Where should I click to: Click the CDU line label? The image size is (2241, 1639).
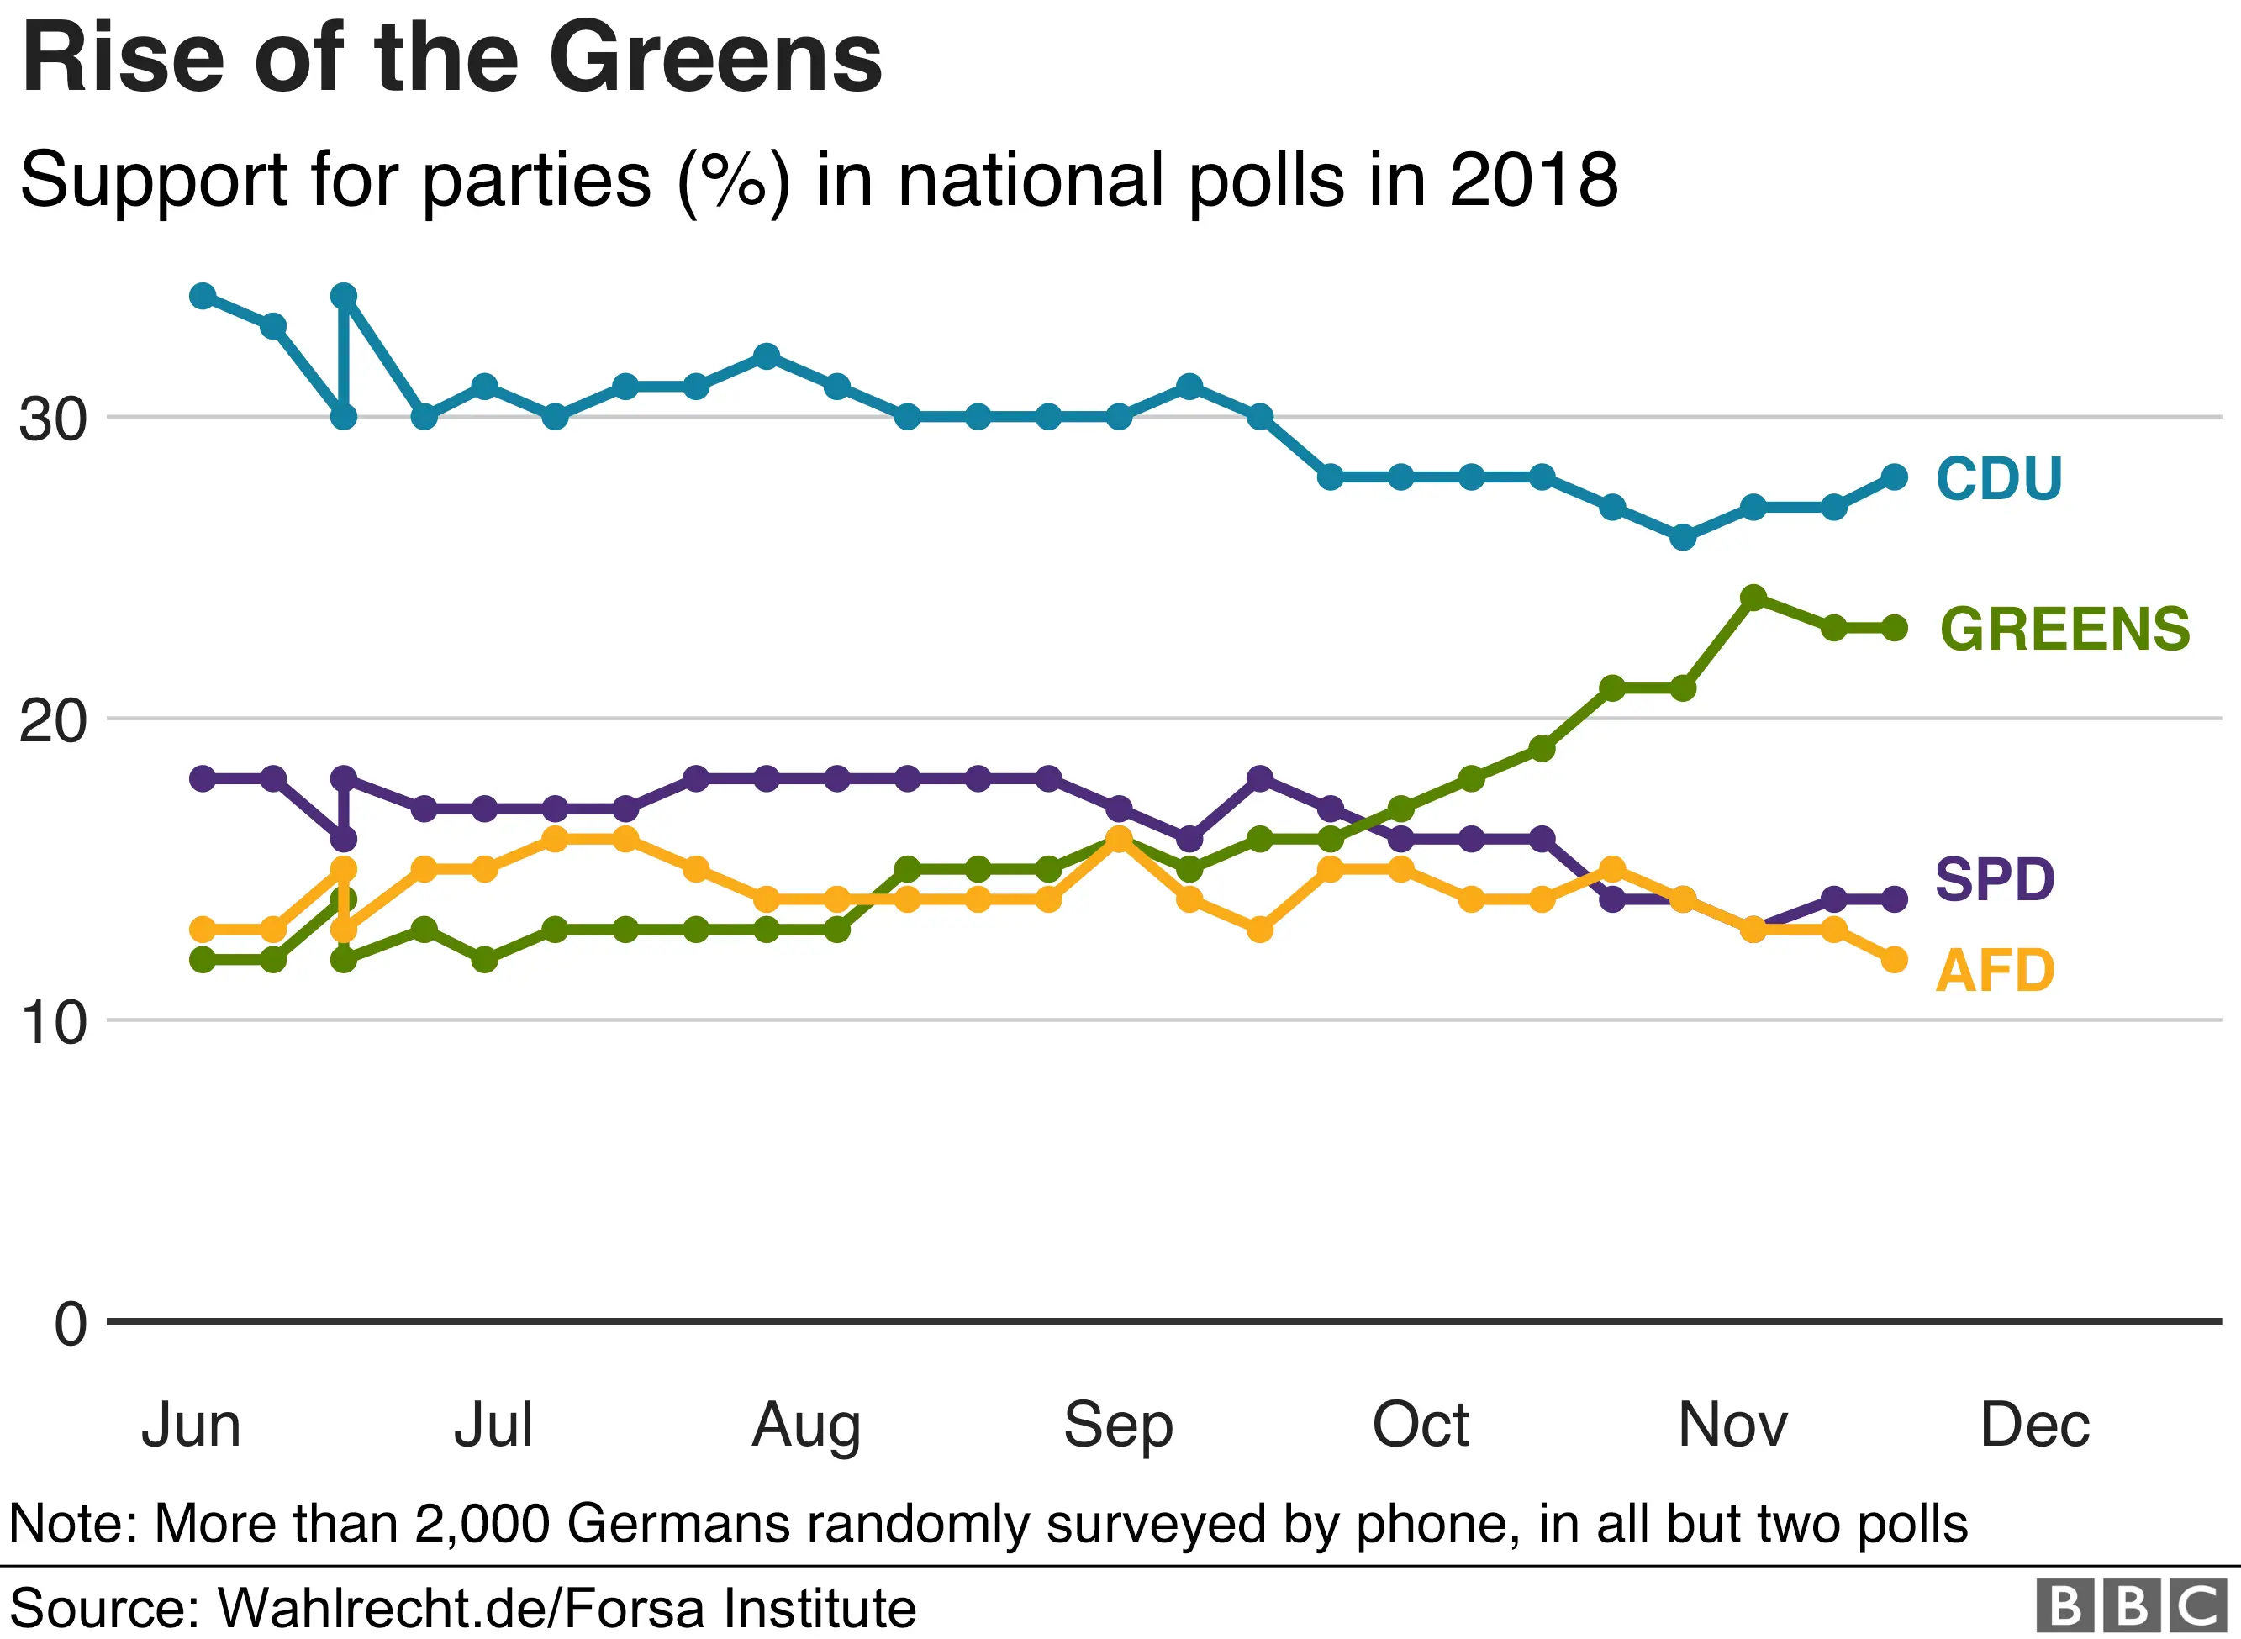(x=1998, y=478)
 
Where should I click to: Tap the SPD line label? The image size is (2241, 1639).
(x=1994, y=879)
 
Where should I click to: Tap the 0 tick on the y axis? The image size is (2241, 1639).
(x=71, y=1325)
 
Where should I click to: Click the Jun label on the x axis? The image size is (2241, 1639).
(x=191, y=1426)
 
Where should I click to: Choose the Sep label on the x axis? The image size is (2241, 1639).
(x=1118, y=1426)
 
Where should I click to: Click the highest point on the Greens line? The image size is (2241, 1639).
(x=1753, y=598)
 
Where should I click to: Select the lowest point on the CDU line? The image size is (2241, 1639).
(x=1683, y=538)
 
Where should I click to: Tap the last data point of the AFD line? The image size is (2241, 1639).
(x=1894, y=959)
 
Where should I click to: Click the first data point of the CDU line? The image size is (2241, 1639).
(x=203, y=296)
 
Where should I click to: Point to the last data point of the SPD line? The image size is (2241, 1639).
(x=1894, y=899)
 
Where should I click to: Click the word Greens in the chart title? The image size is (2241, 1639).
(x=714, y=60)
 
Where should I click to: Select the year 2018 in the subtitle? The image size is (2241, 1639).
(x=1532, y=181)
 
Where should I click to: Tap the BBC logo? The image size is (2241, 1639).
(x=2130, y=1605)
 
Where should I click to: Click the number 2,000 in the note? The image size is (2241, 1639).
(x=481, y=1523)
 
